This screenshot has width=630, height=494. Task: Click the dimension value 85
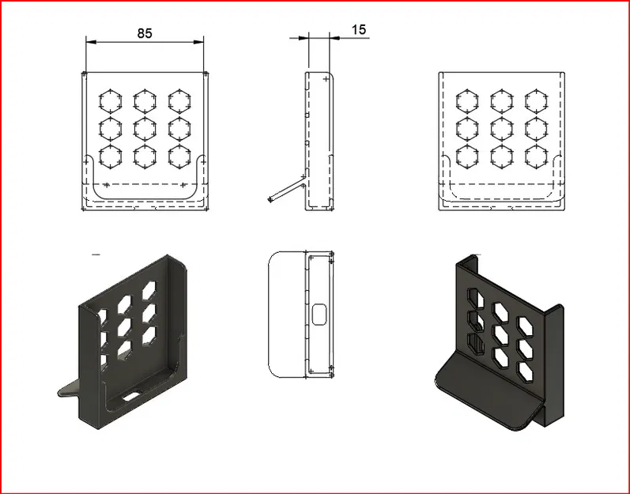(144, 33)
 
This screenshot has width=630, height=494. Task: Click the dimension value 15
(358, 30)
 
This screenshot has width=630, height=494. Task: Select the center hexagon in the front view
(144, 128)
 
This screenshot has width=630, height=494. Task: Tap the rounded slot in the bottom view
(320, 314)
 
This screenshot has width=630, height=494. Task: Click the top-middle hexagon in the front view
(144, 100)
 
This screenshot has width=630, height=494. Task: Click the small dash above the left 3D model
(96, 255)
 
